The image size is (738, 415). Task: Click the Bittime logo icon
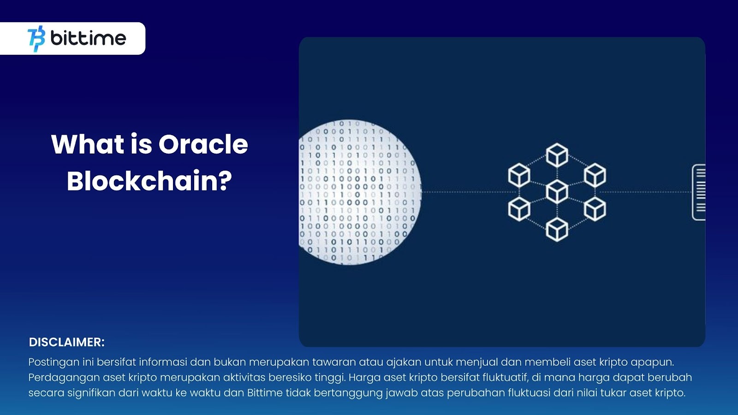tap(36, 39)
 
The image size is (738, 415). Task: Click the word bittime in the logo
tap(88, 39)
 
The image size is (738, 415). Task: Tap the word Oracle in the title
tap(203, 144)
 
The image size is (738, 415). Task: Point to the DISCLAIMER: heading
tap(66, 342)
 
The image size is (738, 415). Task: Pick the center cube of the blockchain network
tap(557, 192)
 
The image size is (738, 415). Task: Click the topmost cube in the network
tap(557, 155)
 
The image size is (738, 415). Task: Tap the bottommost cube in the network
tap(557, 229)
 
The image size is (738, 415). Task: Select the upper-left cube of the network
tap(519, 175)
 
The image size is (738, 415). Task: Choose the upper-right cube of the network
tap(595, 175)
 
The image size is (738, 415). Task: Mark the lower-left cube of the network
tap(519, 209)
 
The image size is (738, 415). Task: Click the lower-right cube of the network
tap(595, 209)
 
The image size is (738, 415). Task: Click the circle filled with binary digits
tap(360, 192)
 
